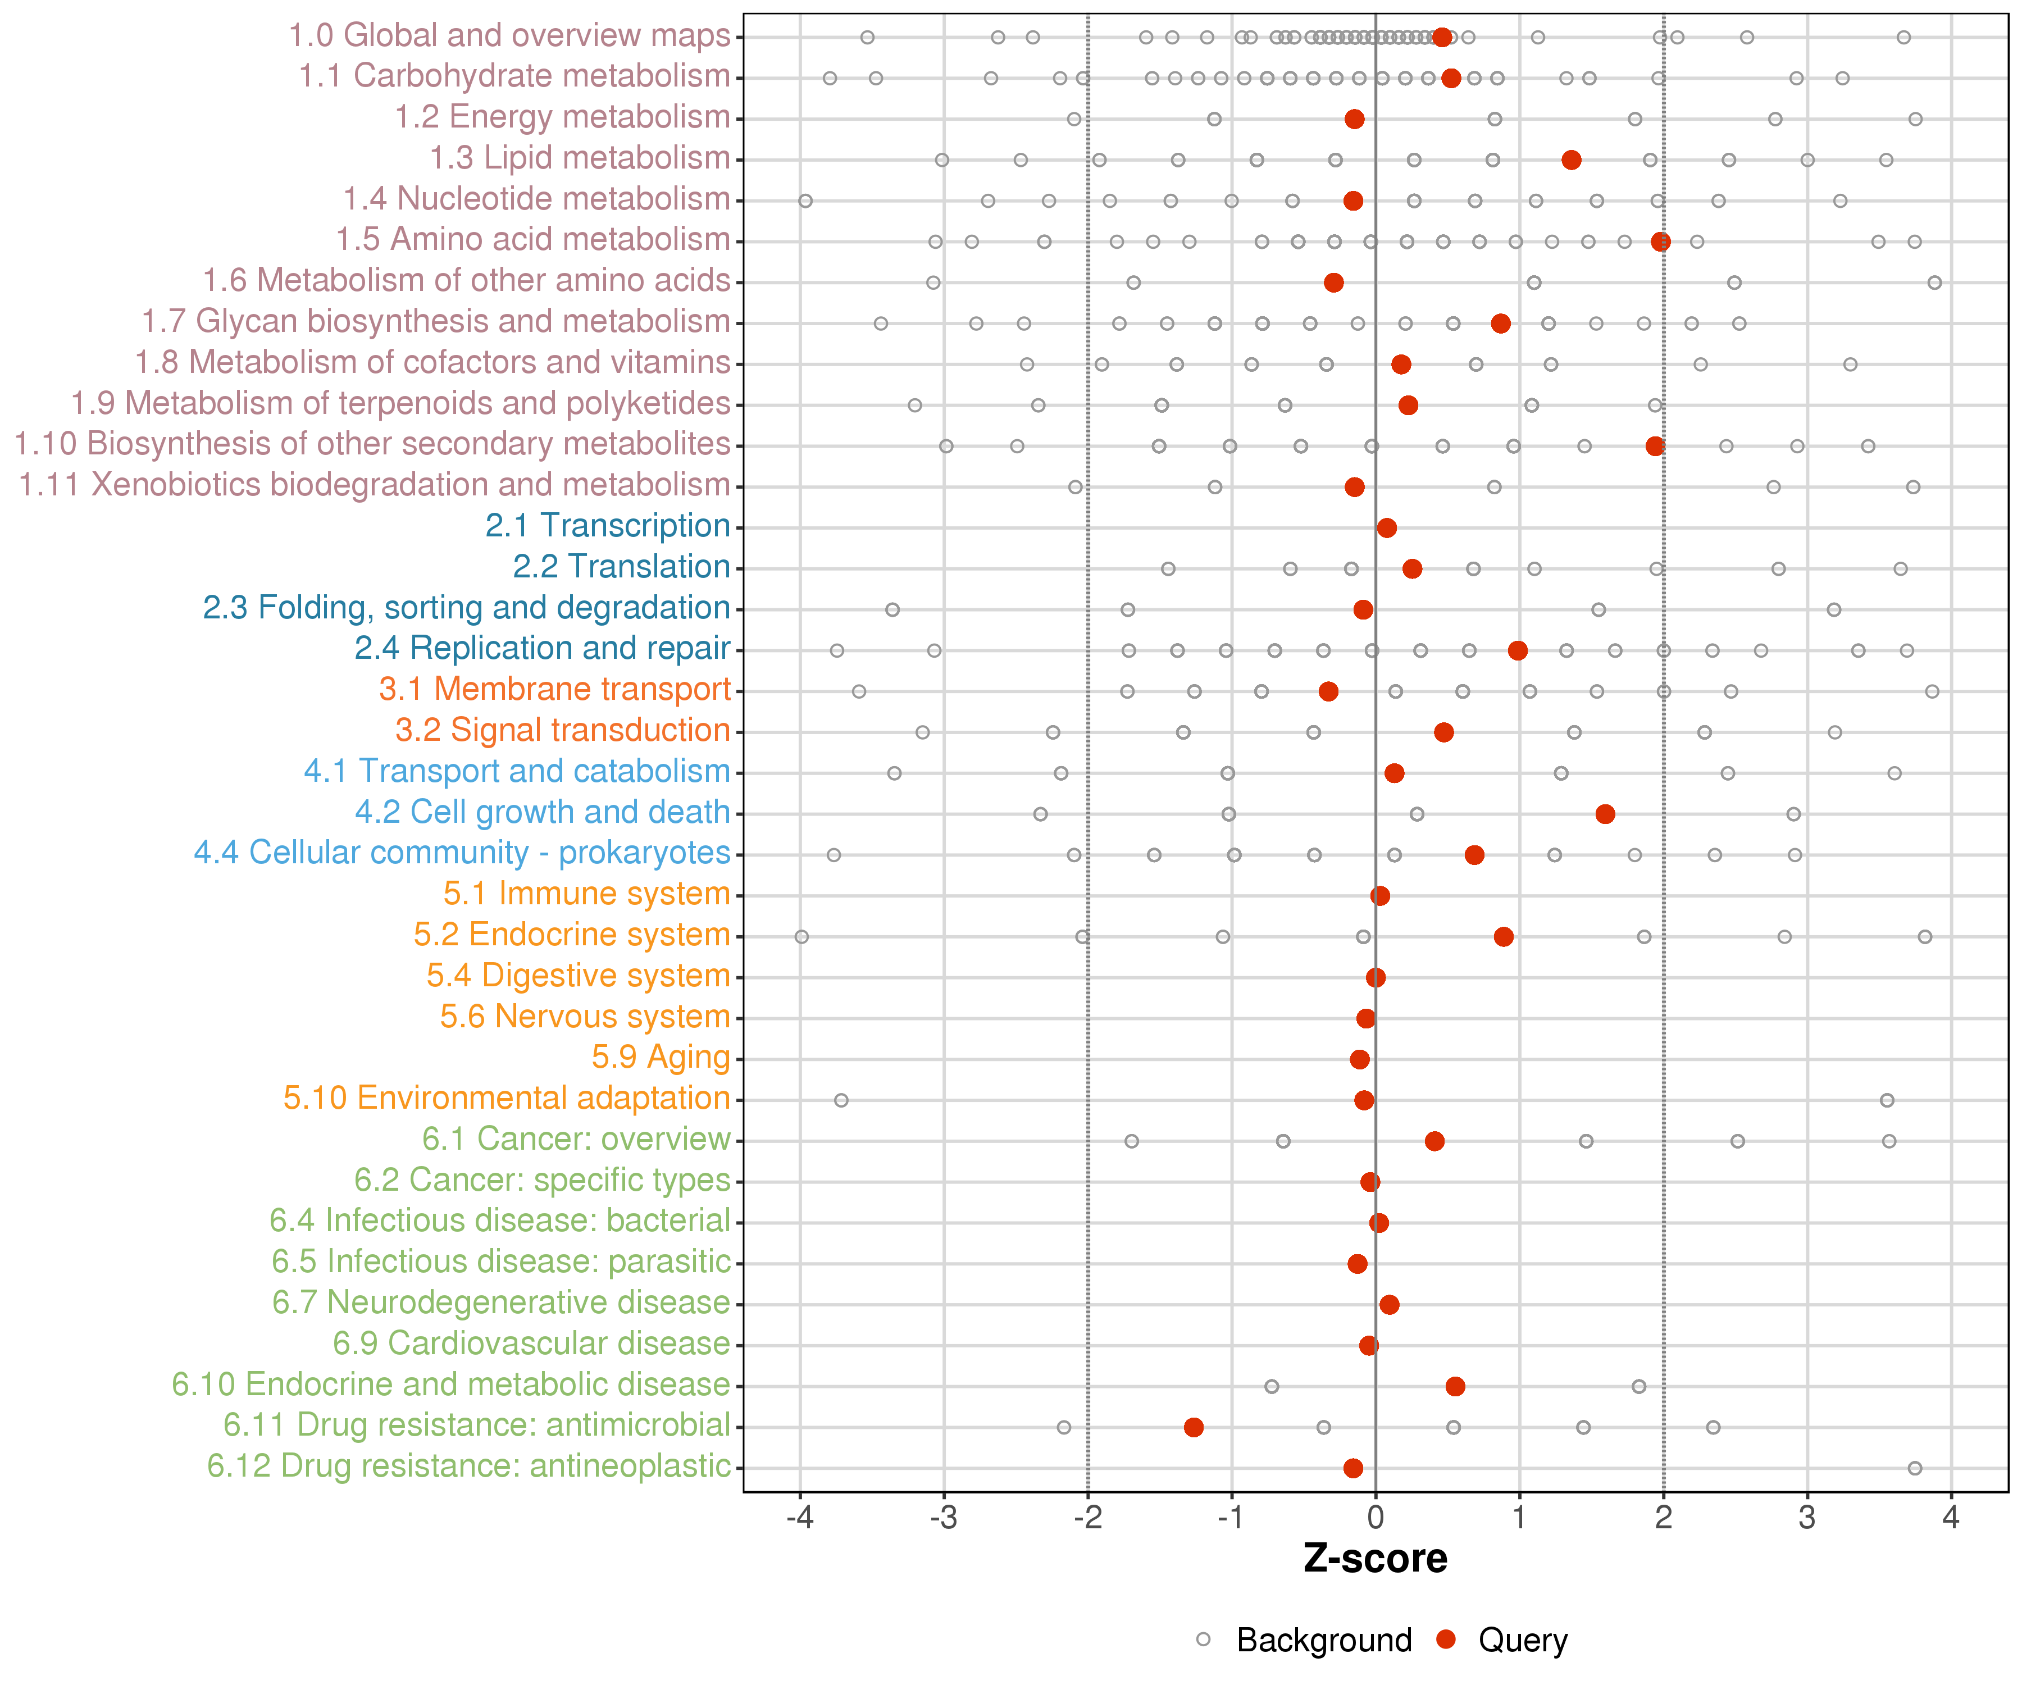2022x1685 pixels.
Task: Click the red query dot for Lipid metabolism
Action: tap(1572, 160)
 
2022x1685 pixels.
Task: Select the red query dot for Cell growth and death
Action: tap(1605, 814)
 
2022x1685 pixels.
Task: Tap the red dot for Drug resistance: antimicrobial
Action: tap(1194, 1427)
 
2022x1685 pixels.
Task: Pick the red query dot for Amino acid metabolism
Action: tap(1661, 241)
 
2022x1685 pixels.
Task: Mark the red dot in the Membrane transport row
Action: tap(1329, 691)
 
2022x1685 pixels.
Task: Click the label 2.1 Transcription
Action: tap(608, 526)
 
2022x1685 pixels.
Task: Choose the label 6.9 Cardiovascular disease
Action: tap(531, 1343)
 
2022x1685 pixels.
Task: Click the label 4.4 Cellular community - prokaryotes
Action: tap(462, 853)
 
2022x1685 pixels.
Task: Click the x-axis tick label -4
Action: tap(799, 1518)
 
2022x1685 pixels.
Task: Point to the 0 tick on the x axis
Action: tap(1375, 1518)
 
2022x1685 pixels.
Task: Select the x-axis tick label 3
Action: tap(1807, 1518)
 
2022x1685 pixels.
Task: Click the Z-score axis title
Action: tap(1375, 1559)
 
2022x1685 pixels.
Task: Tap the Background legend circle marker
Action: tap(1204, 1640)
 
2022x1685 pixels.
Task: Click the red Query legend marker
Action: tap(1445, 1640)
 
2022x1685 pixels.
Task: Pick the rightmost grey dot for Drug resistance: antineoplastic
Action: tap(1915, 1468)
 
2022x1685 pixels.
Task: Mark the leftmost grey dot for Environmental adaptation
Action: tap(841, 1100)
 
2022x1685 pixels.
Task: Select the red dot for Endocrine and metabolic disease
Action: tap(1455, 1387)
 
